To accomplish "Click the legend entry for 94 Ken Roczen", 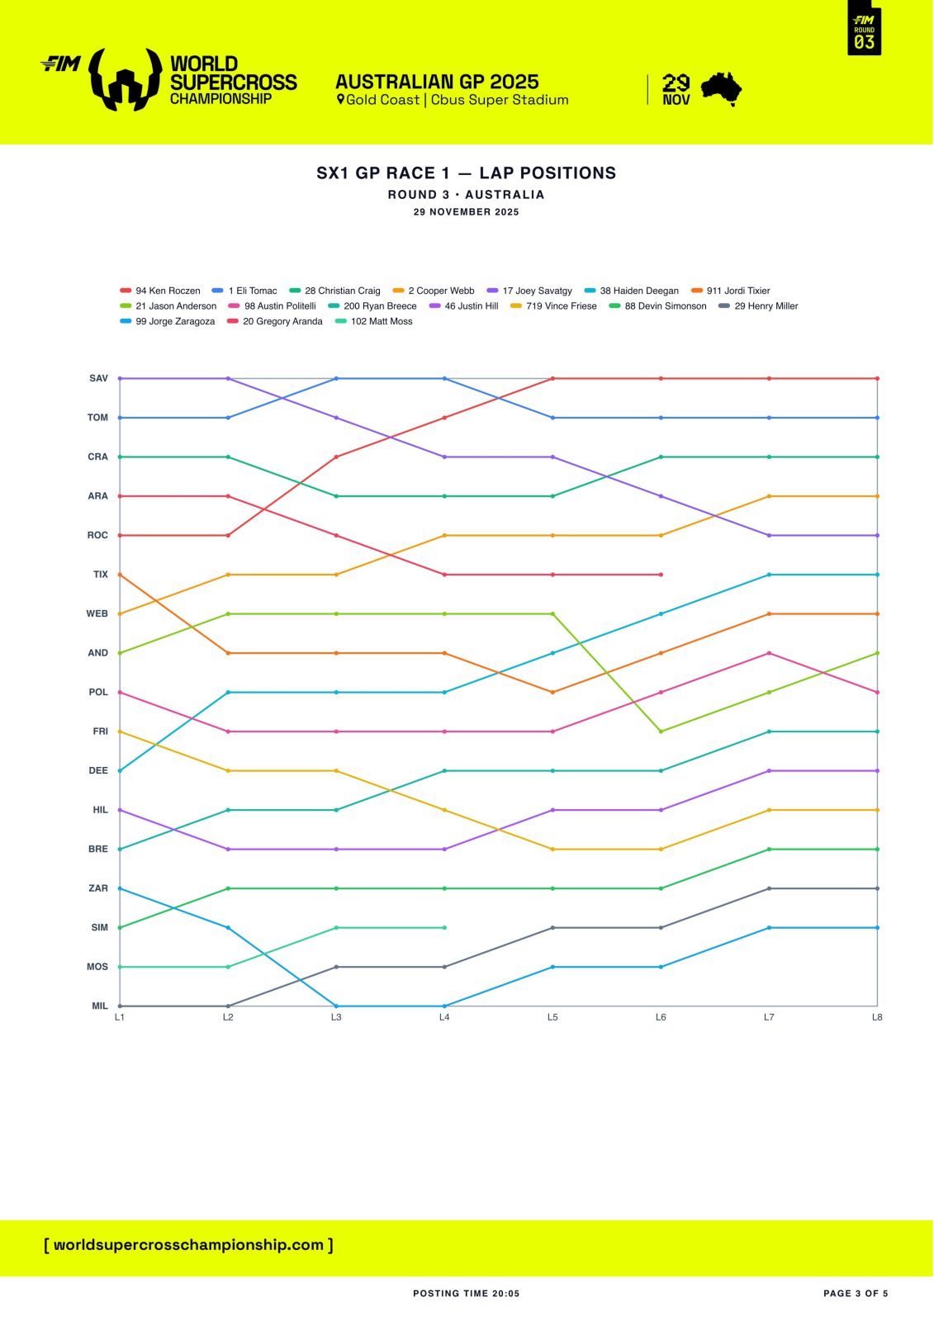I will (x=160, y=291).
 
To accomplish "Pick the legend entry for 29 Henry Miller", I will (x=758, y=306).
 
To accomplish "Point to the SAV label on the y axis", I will (x=98, y=378).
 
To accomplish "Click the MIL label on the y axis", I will (x=99, y=1006).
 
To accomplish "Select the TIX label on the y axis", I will (x=100, y=575).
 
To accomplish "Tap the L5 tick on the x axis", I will (x=552, y=1017).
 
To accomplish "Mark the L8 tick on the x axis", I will (x=877, y=1017).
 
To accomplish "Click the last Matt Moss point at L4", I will (x=444, y=927).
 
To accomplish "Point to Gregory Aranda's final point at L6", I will (x=661, y=575).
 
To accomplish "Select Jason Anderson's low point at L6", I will (x=661, y=732).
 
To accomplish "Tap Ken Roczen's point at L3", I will (x=336, y=457).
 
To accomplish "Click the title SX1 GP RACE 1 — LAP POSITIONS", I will (x=467, y=173).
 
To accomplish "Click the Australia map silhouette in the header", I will (x=721, y=88).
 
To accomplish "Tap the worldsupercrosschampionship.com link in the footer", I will (x=188, y=1245).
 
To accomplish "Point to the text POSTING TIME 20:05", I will (x=467, y=1294).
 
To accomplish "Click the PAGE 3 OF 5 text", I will (x=856, y=1294).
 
